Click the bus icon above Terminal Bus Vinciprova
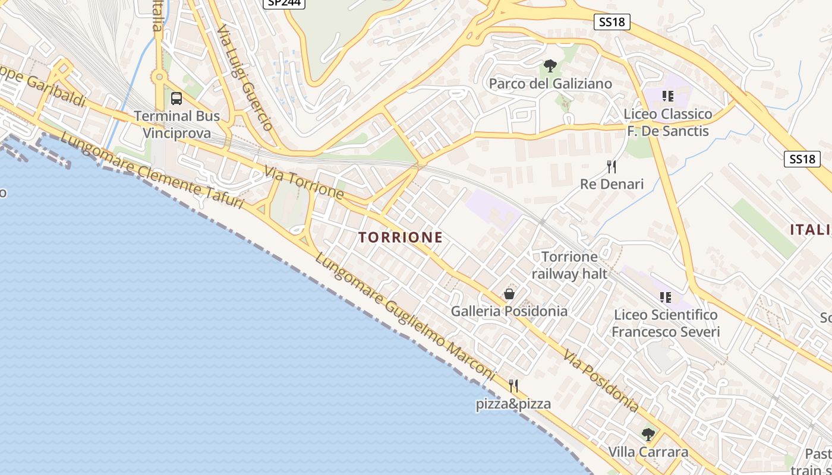[x=177, y=98]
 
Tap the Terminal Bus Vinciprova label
[x=177, y=124]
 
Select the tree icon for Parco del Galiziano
[x=550, y=66]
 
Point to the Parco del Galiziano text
[x=550, y=84]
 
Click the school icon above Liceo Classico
[x=667, y=96]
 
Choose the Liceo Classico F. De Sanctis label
[x=668, y=122]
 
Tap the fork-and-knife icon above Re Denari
[x=612, y=166]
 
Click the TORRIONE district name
[x=401, y=237]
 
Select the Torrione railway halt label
[x=569, y=265]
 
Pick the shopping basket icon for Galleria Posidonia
[x=509, y=293]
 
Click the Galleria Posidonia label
[x=509, y=311]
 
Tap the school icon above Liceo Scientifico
[x=666, y=297]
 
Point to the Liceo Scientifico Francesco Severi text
[x=666, y=323]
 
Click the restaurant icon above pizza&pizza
[x=513, y=386]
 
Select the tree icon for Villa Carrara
[x=648, y=435]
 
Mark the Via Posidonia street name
[x=601, y=381]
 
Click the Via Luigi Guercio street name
[x=245, y=77]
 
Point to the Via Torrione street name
[x=304, y=183]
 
